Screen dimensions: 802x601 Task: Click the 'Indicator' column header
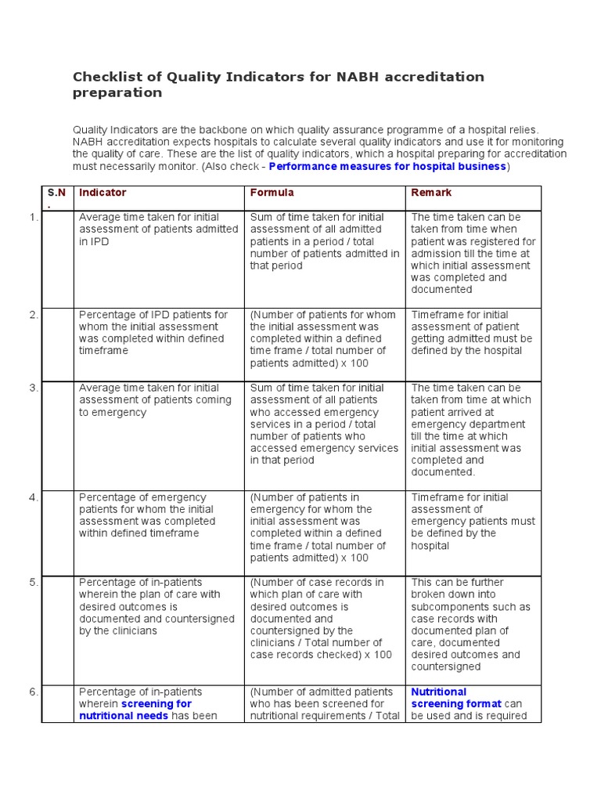click(103, 193)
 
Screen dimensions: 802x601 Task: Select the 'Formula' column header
click(272, 193)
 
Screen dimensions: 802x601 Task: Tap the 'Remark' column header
click(431, 193)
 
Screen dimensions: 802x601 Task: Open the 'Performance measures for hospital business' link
click(387, 167)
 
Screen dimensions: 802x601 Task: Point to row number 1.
click(34, 217)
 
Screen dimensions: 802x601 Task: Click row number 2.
click(34, 315)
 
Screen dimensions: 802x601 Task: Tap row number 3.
click(34, 388)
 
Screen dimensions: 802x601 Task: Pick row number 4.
click(34, 497)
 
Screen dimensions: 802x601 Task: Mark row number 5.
click(34, 583)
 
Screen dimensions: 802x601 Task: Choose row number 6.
click(34, 692)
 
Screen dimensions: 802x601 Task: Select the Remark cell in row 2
click(472, 333)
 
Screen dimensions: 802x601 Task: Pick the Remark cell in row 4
click(473, 521)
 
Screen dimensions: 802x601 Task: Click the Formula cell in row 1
click(324, 241)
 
